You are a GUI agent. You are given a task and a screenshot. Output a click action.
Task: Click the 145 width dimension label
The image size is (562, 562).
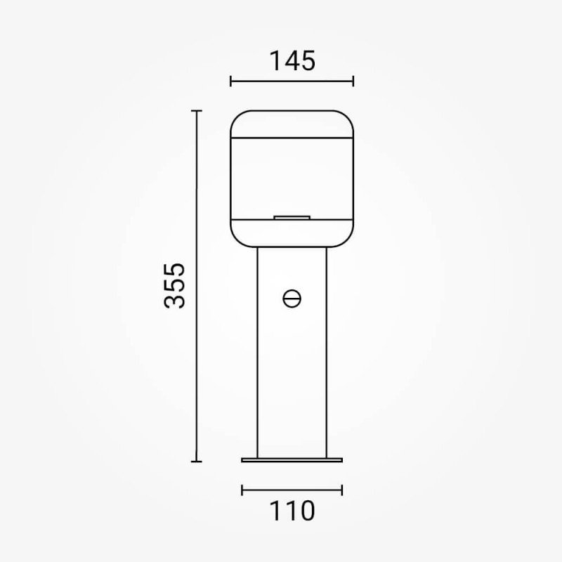coord(292,61)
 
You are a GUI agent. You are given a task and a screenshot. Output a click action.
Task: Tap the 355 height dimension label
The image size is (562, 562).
coord(174,286)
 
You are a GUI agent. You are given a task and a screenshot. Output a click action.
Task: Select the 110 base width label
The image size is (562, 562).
coord(292,511)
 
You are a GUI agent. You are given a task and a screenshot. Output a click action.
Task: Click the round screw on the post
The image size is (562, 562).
coord(292,299)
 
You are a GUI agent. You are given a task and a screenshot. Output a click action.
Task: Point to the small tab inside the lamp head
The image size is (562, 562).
coord(292,217)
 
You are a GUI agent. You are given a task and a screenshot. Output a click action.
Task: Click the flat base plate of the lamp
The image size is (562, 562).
coord(292,460)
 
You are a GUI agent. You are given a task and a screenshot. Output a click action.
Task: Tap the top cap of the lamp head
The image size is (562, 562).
coord(292,124)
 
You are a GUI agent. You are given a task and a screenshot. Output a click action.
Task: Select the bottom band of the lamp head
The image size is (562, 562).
coord(292,233)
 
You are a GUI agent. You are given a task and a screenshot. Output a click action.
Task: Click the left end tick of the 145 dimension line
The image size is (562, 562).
coord(231,81)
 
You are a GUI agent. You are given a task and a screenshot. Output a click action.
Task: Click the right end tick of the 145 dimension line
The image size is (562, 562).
coord(353,81)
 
